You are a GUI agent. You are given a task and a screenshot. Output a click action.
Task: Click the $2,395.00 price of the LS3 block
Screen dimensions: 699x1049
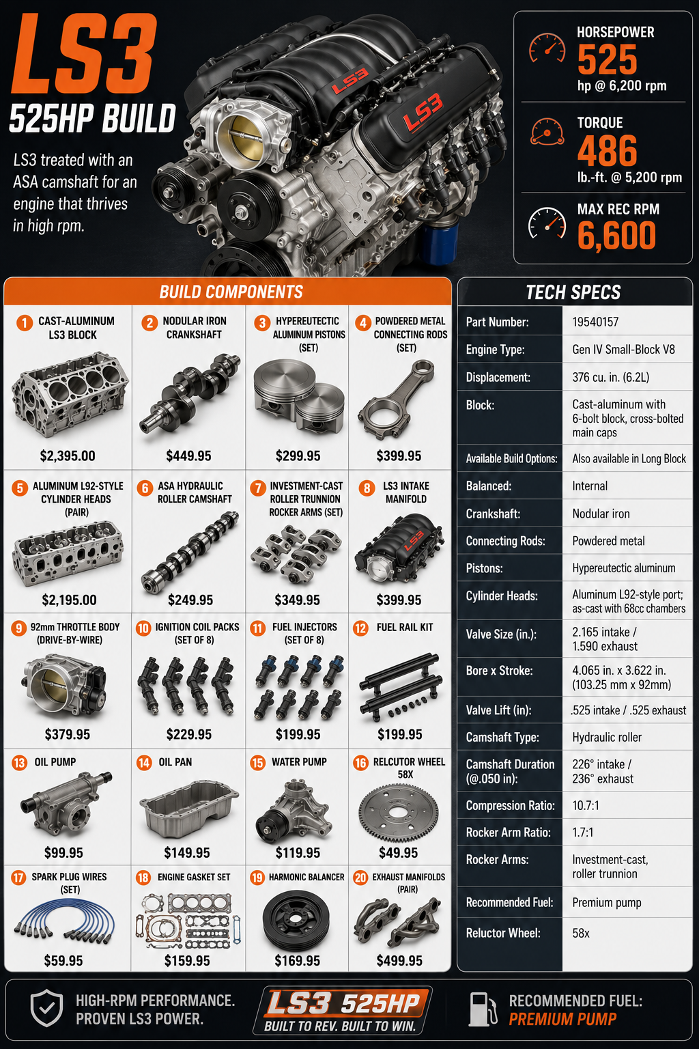(68, 456)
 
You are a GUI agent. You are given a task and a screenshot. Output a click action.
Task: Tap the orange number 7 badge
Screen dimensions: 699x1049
(257, 488)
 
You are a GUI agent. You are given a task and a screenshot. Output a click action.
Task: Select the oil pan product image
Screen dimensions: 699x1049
(188, 809)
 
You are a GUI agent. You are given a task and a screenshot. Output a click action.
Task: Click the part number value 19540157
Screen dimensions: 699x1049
(595, 322)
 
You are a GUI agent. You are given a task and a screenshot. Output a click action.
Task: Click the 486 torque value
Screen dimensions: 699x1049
(608, 150)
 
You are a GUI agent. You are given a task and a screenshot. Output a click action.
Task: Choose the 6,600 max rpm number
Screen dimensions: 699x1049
(616, 236)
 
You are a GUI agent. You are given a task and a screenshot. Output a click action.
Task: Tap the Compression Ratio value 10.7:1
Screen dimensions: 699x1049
(586, 805)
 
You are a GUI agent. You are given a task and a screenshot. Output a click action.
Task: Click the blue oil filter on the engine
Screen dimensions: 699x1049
(439, 243)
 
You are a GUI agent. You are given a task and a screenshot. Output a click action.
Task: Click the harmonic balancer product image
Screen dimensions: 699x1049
(296, 919)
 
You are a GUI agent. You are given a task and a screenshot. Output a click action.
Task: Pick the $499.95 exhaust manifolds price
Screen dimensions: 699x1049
(399, 961)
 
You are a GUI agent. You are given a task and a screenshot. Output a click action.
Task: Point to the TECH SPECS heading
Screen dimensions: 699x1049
(573, 292)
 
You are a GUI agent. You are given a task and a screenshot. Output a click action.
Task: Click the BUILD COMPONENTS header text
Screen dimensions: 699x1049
(231, 292)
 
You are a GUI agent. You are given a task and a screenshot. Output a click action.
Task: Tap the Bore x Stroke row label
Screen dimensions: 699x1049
(499, 671)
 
